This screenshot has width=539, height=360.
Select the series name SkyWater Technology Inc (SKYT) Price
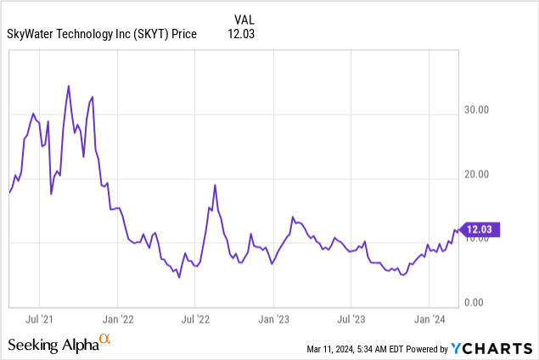tap(102, 34)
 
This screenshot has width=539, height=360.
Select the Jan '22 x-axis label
tap(117, 320)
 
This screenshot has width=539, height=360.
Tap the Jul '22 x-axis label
tap(195, 320)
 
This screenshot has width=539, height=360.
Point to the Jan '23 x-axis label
tap(273, 320)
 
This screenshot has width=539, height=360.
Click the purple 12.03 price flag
tap(481, 228)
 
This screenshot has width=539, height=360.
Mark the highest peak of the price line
tap(68, 86)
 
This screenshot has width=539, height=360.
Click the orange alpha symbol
tap(105, 340)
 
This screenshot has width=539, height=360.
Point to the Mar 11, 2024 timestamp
tap(350, 349)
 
